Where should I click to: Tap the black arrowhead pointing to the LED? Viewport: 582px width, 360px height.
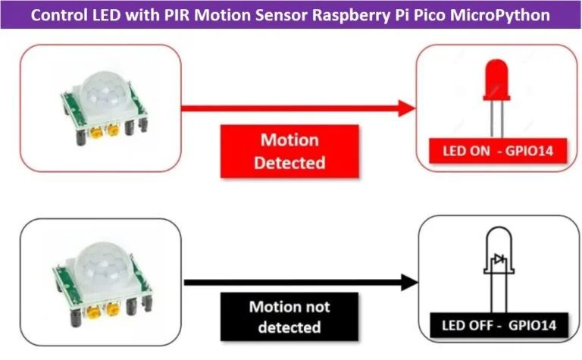(409, 282)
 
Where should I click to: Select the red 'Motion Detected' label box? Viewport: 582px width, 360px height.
(289, 151)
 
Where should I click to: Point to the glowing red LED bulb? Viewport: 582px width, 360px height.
(496, 78)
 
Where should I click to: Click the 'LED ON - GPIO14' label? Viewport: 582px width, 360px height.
(498, 151)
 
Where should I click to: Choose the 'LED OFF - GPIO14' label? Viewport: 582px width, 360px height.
(499, 327)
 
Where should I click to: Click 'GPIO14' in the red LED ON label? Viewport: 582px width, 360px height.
(529, 151)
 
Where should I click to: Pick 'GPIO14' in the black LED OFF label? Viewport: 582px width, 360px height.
(531, 327)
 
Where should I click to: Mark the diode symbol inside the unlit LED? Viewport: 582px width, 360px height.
(497, 261)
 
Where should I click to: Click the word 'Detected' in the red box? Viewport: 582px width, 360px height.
(289, 162)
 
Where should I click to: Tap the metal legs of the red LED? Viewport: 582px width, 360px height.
(496, 117)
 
